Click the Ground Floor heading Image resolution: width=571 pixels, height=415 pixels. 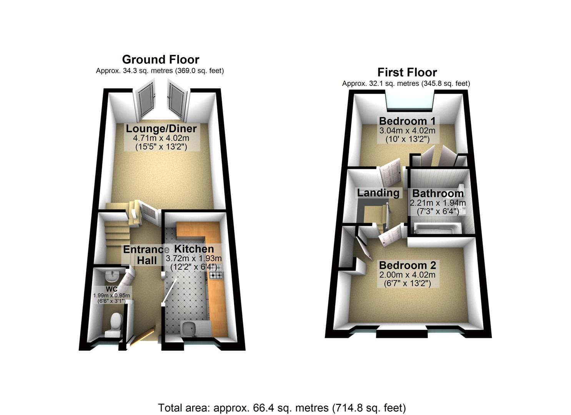(160, 60)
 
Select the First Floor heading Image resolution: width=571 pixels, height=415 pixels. (407, 72)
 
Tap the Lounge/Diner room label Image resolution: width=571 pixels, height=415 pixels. (161, 129)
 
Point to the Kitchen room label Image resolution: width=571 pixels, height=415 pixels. (194, 249)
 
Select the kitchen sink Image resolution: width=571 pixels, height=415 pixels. (188, 328)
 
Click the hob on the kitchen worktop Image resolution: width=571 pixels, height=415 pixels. (216, 274)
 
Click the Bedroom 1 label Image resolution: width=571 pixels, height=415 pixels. (407, 121)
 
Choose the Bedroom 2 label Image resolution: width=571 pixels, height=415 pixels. (407, 265)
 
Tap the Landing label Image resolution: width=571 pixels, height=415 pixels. (378, 193)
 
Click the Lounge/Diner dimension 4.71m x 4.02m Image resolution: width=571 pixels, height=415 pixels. (161, 138)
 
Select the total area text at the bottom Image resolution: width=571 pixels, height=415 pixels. (282, 407)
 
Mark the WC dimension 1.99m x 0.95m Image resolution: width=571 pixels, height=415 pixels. (112, 295)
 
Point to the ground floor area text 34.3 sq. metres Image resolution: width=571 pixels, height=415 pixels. (160, 71)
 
